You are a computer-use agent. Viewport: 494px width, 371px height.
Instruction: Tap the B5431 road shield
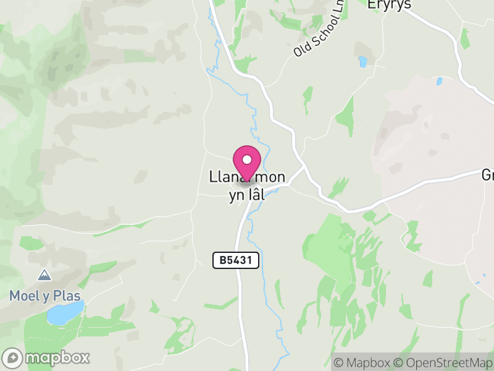coord(236,261)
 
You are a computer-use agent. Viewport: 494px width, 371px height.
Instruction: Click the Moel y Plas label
coord(44,296)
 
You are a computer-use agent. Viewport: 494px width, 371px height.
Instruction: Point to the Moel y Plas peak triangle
coord(44,275)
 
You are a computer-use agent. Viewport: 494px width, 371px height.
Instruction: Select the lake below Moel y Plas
coord(65,312)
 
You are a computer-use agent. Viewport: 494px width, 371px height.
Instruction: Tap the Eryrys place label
coord(388,5)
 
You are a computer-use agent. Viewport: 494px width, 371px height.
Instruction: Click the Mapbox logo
coord(47,357)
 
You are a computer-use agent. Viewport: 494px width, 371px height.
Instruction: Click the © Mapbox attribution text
coord(361,362)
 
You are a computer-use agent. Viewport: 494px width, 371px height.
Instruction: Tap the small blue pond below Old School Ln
coord(362,61)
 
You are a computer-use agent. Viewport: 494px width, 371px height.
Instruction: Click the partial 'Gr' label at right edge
coord(487,176)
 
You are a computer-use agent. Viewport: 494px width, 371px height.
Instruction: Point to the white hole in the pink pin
coord(247,160)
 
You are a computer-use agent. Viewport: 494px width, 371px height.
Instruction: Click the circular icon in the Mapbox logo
coord(13,357)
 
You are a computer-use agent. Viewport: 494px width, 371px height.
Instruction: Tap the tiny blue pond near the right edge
coord(439,81)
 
